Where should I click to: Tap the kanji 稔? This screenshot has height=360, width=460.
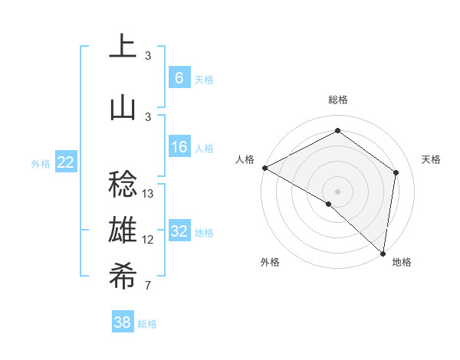(x=123, y=185)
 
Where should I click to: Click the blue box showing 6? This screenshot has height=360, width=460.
(x=179, y=77)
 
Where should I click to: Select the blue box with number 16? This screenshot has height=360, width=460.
(x=179, y=147)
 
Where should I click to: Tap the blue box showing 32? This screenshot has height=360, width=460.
(x=179, y=231)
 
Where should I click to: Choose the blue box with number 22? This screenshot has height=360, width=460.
(x=66, y=162)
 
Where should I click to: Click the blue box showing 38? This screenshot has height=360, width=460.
(x=123, y=322)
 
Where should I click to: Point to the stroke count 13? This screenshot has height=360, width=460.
(x=148, y=193)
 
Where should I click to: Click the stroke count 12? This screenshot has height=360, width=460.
(x=148, y=240)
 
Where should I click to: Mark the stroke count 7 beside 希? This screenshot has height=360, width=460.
(x=147, y=286)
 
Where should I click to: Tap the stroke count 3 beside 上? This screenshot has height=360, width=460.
(x=147, y=55)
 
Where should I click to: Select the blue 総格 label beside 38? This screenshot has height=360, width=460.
(x=147, y=324)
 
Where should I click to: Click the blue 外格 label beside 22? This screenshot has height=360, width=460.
(x=40, y=163)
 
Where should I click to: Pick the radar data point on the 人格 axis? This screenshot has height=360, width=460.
(x=264, y=168)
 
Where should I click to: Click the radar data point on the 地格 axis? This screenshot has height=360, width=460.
(x=383, y=253)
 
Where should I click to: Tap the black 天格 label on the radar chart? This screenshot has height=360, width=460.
(x=431, y=159)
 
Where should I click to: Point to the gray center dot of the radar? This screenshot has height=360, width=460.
(x=337, y=191)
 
